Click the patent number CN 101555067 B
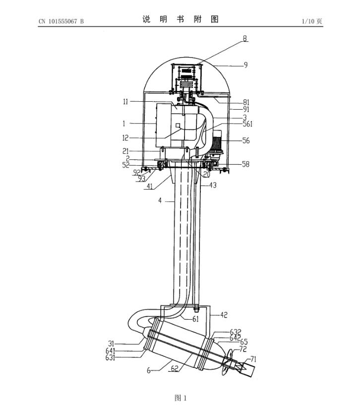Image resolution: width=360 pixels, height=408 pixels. [61, 21]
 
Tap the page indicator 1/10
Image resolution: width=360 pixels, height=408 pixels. [308, 21]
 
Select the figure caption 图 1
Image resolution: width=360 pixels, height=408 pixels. [180, 398]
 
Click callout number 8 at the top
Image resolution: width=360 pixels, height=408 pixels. [245, 38]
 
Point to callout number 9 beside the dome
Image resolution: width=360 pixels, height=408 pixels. [245, 65]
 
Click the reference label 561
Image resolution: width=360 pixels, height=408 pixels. [248, 124]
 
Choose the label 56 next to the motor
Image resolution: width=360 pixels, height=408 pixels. [246, 140]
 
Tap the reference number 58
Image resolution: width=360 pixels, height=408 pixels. [245, 164]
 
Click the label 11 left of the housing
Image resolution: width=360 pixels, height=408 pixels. [125, 101]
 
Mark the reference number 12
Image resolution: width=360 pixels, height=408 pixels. [125, 137]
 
